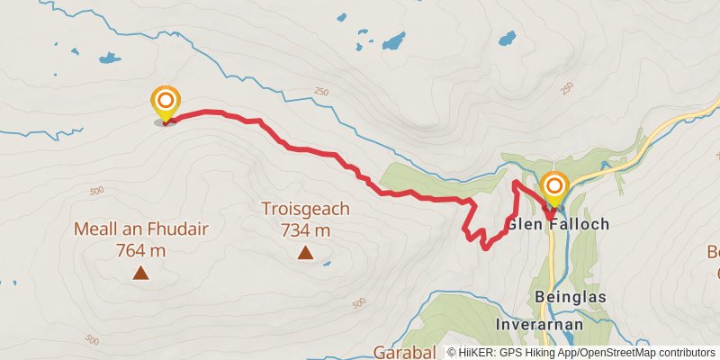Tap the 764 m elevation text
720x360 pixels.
click(140, 251)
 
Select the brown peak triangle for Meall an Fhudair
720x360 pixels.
click(140, 272)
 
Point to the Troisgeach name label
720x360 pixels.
click(305, 209)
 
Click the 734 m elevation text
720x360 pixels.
click(305, 230)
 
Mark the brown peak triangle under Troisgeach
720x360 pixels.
click(305, 254)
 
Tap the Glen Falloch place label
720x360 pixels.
click(558, 224)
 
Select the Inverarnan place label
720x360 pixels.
click(540, 324)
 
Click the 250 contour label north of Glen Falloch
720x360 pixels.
click(566, 87)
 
